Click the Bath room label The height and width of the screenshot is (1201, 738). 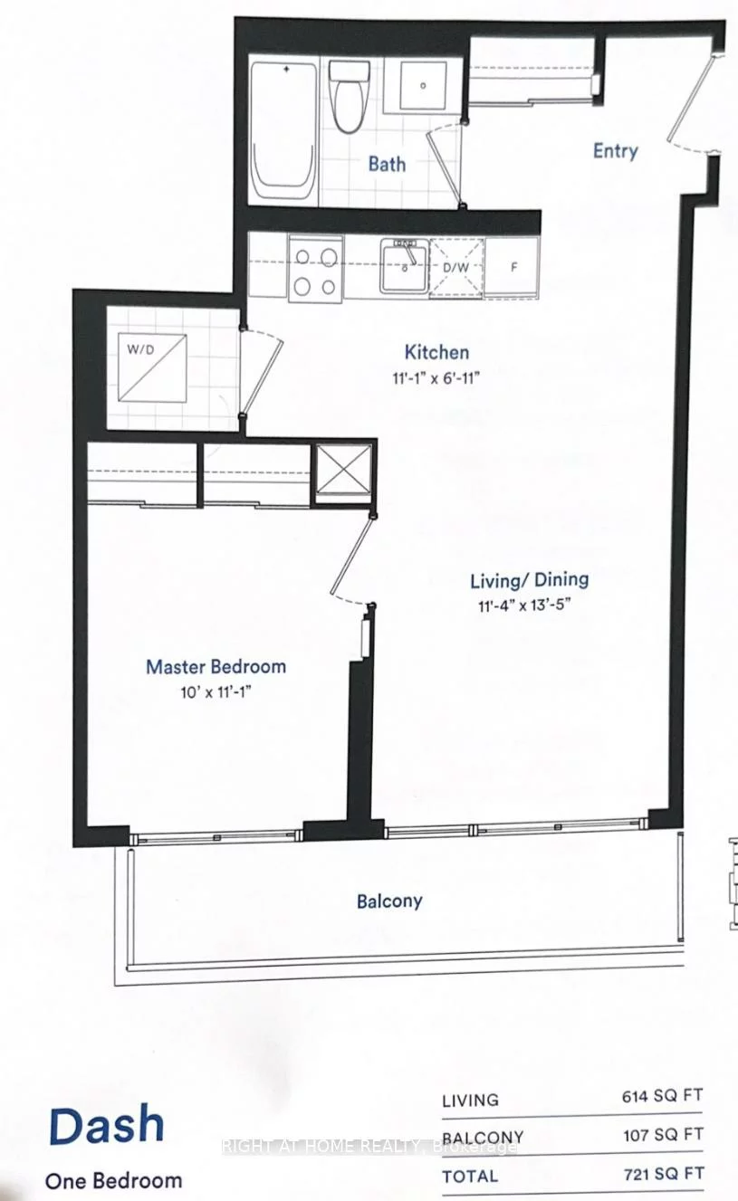click(x=387, y=165)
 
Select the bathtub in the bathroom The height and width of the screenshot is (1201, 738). click(x=283, y=130)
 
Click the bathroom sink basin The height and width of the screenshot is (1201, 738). click(x=421, y=87)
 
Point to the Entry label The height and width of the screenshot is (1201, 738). click(x=615, y=151)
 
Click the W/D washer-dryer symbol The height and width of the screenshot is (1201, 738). click(x=153, y=367)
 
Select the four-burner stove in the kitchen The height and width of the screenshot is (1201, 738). click(x=315, y=269)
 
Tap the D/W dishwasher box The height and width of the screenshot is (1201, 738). click(x=455, y=268)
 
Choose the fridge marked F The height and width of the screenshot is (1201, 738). click(x=512, y=268)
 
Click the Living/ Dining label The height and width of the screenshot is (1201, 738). click(x=529, y=579)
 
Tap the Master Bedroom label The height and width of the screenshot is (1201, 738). click(x=216, y=667)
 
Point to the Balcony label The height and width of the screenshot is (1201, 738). click(x=389, y=901)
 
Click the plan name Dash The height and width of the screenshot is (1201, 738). click(x=106, y=1125)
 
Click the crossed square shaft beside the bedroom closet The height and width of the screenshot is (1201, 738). click(x=342, y=471)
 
